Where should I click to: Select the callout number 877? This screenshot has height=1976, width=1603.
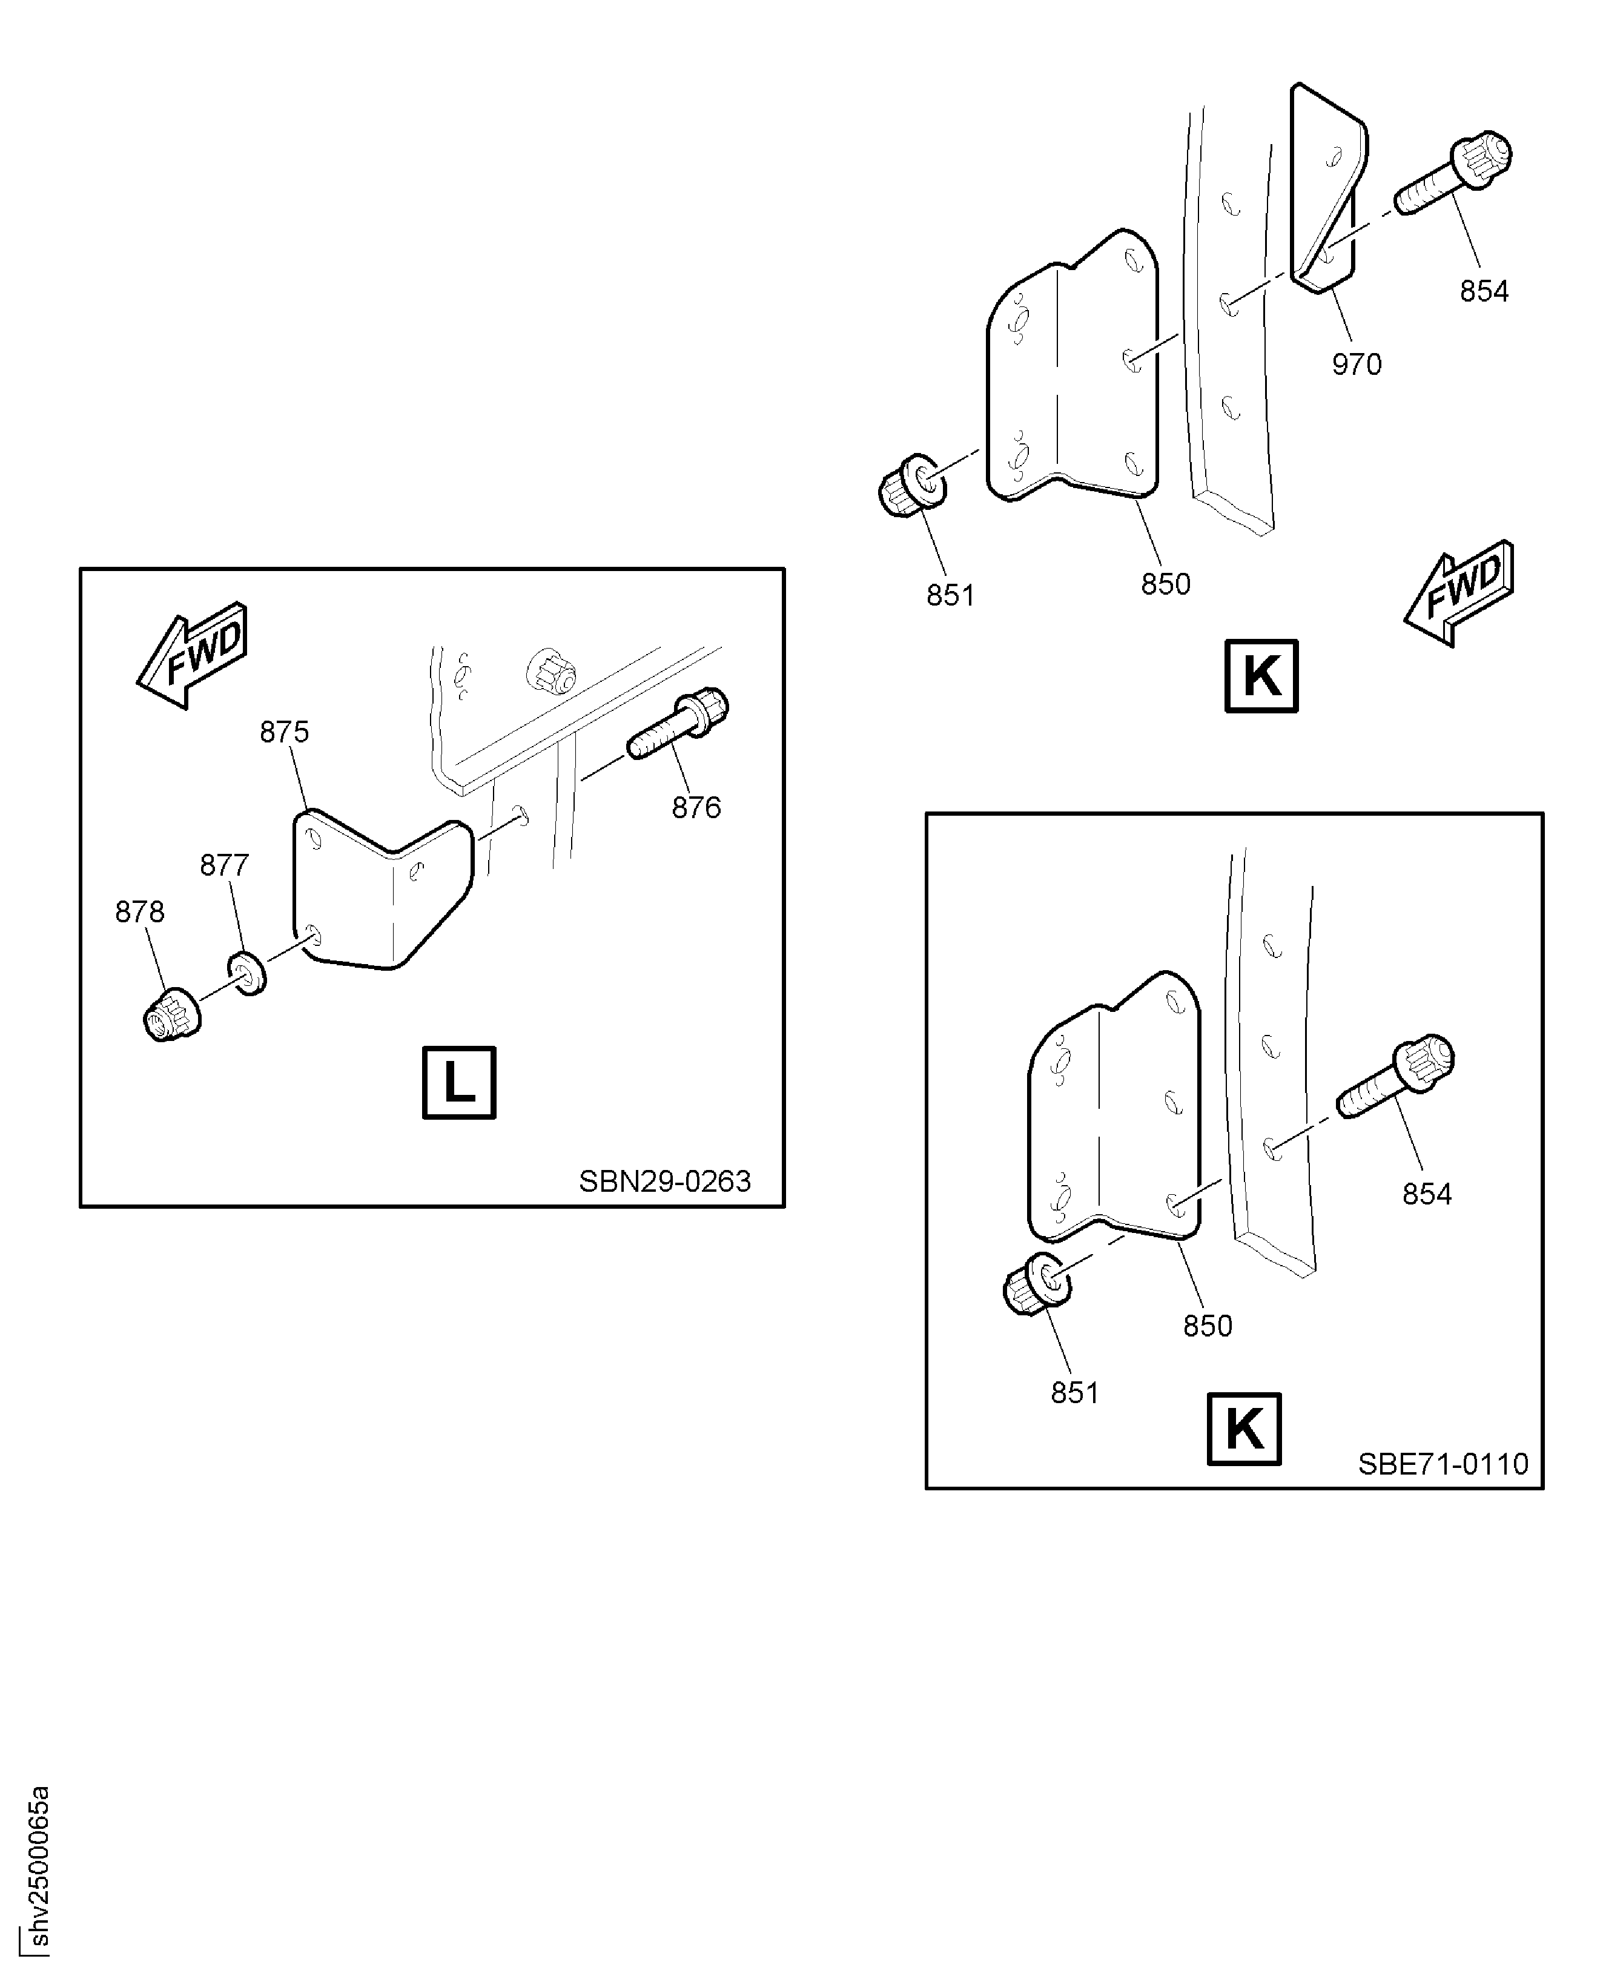tap(225, 865)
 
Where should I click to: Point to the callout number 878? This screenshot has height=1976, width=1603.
tap(139, 912)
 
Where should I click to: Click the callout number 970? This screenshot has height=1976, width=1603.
tap(1355, 365)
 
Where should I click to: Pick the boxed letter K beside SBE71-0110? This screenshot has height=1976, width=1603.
tap(1244, 1429)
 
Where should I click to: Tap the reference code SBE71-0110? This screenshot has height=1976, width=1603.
tap(1443, 1464)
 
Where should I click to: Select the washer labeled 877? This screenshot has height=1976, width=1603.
tap(246, 973)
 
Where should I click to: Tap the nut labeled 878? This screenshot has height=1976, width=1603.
tap(171, 1016)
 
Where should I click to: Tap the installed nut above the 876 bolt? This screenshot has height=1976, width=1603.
tap(550, 670)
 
